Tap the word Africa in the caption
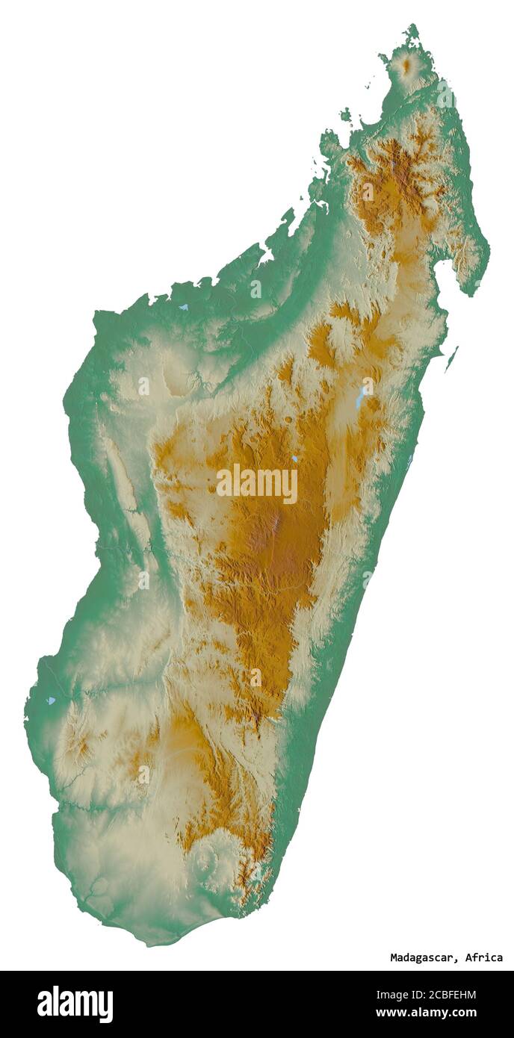coord(484,957)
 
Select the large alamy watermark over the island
coord(257,484)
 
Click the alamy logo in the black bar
coord(75,1004)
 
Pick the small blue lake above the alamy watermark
coord(295,459)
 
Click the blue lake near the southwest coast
coord(51,700)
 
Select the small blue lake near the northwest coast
coord(183,306)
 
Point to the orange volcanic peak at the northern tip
coord(406,66)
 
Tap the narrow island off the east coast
coord(451,358)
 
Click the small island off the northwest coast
coord(345,114)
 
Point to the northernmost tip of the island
coord(412,27)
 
